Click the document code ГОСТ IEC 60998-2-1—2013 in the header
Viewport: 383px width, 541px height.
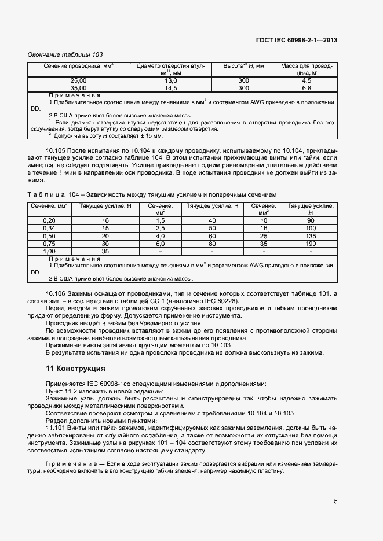[296, 40]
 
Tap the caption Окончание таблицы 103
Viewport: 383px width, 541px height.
[65, 54]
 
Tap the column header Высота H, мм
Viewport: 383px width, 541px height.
[243, 67]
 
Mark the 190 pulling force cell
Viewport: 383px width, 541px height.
[311, 244]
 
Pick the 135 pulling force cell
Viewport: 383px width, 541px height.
[311, 237]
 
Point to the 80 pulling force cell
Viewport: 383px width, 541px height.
[212, 244]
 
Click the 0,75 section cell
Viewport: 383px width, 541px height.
[49, 244]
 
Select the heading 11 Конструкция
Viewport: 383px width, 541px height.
[75, 367]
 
